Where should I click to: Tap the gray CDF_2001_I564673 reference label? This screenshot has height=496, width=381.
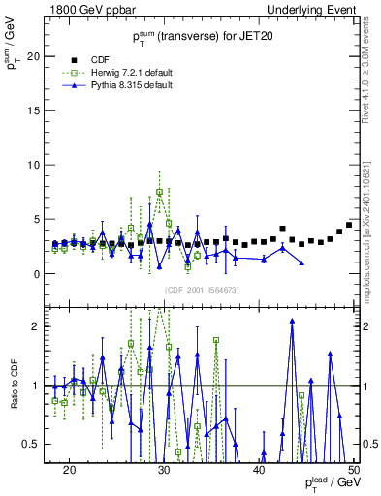pos(200,291)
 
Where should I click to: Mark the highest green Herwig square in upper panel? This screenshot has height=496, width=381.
pos(159,192)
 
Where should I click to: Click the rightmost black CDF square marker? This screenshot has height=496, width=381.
pos(349,225)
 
